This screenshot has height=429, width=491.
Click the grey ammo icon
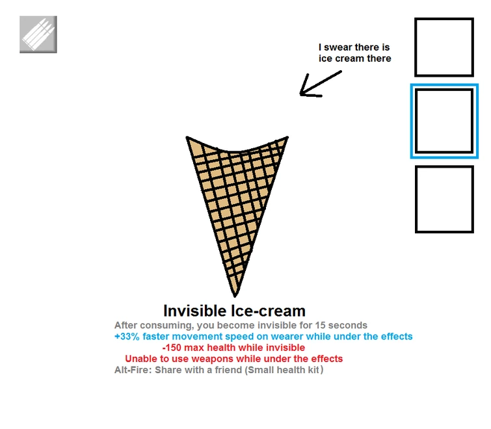pos(38,34)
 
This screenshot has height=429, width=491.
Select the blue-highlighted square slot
pos(444,121)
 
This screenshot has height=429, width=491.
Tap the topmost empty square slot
pos(444,47)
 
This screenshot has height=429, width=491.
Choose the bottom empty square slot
pos(444,199)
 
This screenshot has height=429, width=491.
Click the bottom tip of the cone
pos(235,294)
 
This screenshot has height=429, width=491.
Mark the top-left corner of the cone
pos(188,138)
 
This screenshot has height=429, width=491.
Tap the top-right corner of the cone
pos(286,138)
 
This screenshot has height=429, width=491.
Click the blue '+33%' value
pos(127,337)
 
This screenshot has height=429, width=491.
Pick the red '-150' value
pos(173,348)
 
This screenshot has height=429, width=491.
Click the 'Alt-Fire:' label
pos(133,370)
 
